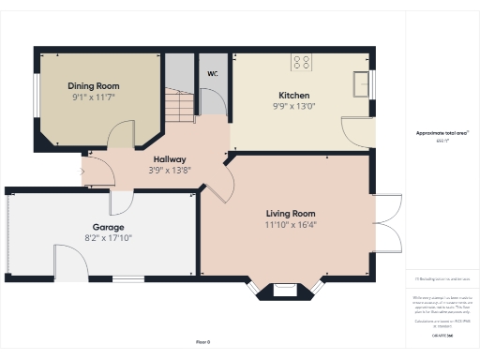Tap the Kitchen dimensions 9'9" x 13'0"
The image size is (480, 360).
click(293, 106)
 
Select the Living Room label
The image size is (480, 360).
click(290, 213)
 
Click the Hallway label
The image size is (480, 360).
click(170, 159)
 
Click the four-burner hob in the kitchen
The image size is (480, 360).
click(303, 64)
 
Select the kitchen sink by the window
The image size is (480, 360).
click(361, 84)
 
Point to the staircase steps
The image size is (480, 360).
click(181, 102)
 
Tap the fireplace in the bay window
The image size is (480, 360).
click(286, 289)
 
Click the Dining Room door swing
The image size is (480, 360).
click(121, 138)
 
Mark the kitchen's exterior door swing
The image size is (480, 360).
click(357, 133)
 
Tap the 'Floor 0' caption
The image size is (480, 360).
click(202, 342)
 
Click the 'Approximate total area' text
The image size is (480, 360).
click(442, 133)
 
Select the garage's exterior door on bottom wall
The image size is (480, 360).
click(70, 262)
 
